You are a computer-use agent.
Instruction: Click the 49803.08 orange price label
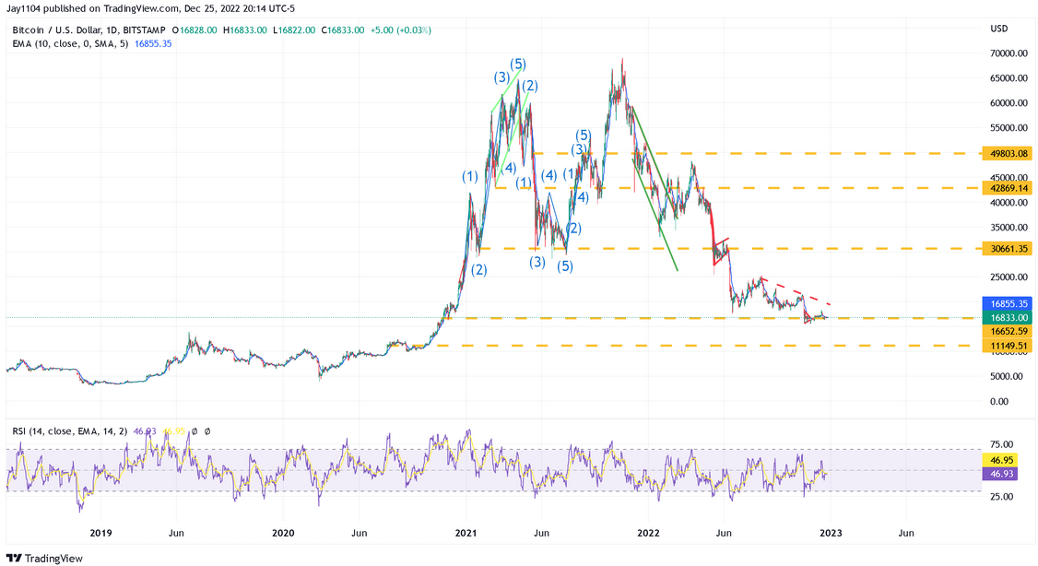(x=1005, y=153)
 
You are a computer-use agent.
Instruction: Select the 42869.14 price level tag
(x=1005, y=188)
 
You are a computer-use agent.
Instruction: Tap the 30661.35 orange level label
(x=1005, y=249)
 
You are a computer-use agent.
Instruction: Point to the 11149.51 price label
(x=1005, y=346)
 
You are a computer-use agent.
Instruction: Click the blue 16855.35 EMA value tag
(x=1005, y=302)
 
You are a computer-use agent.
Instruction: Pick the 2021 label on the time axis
(x=466, y=533)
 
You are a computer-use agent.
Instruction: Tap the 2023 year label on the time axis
(x=830, y=533)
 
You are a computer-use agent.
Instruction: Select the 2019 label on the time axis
(x=101, y=533)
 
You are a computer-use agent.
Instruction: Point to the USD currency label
(x=999, y=29)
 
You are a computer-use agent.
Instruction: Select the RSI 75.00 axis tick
(x=1003, y=443)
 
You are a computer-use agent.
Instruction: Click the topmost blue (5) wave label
(x=518, y=64)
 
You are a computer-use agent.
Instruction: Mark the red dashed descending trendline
(x=796, y=291)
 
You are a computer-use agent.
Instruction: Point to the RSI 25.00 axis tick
(x=1003, y=496)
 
